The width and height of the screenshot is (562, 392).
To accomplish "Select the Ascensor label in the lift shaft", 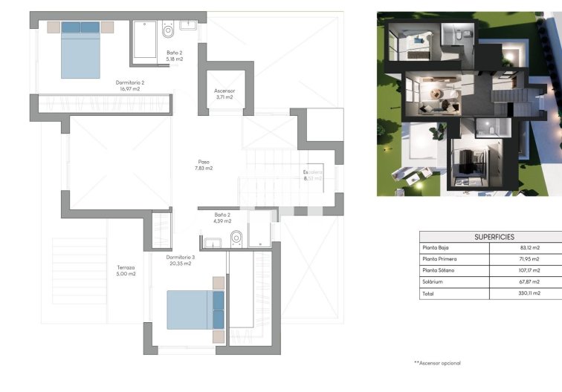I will click(225, 91).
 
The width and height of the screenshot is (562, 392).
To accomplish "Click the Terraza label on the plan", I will click(126, 268).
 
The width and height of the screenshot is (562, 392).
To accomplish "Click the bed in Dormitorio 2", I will click(80, 50).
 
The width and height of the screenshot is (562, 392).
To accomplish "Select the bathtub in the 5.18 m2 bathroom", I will click(144, 39).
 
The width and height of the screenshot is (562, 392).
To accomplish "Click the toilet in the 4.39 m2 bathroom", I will click(237, 238).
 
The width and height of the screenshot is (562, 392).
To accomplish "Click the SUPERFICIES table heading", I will click(494, 237).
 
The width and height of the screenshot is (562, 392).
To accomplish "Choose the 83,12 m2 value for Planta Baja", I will click(530, 248).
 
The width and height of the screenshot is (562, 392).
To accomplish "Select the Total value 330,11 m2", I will click(529, 294).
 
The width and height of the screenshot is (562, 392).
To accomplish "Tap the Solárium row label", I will click(433, 282).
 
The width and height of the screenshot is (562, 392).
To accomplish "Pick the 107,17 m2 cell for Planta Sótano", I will click(529, 271).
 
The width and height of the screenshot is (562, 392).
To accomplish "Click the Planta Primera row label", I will click(439, 259).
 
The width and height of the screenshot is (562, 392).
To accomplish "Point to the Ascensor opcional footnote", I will click(437, 363).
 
